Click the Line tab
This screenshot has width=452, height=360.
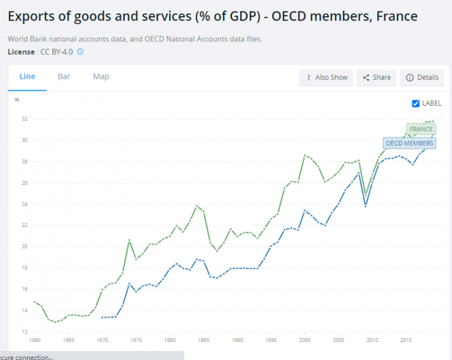[x=28, y=77]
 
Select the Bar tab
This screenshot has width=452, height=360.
[x=64, y=77]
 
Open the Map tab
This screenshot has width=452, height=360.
[x=101, y=77]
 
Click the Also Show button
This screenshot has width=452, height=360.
[x=327, y=77]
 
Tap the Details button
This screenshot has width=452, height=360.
[x=422, y=77]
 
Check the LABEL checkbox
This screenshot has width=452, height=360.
[x=416, y=103]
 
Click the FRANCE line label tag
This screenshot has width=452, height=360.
[x=421, y=129]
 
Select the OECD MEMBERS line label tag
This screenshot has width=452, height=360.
[x=409, y=143]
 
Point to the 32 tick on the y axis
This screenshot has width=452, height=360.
[x=25, y=119]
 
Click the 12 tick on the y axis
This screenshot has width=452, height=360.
[x=25, y=332]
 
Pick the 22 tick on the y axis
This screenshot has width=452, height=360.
[x=25, y=225]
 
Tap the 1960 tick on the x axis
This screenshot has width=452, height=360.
[x=35, y=340]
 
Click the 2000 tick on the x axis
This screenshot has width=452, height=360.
[x=305, y=340]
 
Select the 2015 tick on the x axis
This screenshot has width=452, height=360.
[x=405, y=340]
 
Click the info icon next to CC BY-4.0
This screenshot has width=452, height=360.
[x=80, y=52]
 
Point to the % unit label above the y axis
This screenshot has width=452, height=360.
[x=17, y=100]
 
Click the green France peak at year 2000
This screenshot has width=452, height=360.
[x=305, y=155]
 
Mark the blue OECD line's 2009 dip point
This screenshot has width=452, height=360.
[x=365, y=206]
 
